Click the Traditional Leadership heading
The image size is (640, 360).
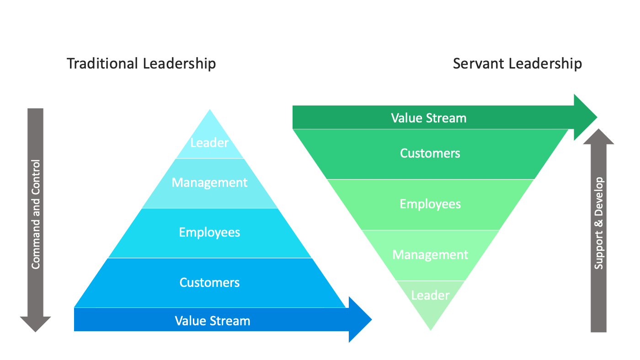click(141, 64)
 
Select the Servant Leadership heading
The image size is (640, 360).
click(517, 64)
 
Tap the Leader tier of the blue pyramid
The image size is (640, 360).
click(209, 143)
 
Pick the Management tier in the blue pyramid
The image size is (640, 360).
click(209, 183)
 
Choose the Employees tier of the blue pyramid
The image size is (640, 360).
click(209, 233)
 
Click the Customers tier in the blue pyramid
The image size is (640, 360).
click(209, 282)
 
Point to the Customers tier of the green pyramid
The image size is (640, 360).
click(430, 153)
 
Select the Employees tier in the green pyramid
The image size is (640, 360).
click(430, 204)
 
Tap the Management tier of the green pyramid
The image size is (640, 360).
click(430, 254)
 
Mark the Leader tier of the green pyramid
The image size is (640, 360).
click(430, 296)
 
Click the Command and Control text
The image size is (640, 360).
click(36, 214)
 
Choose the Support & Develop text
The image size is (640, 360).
click(599, 223)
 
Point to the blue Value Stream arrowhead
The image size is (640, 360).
click(361, 319)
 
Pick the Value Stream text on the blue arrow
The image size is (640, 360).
click(213, 321)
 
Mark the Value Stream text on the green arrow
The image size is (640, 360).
click(429, 118)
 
